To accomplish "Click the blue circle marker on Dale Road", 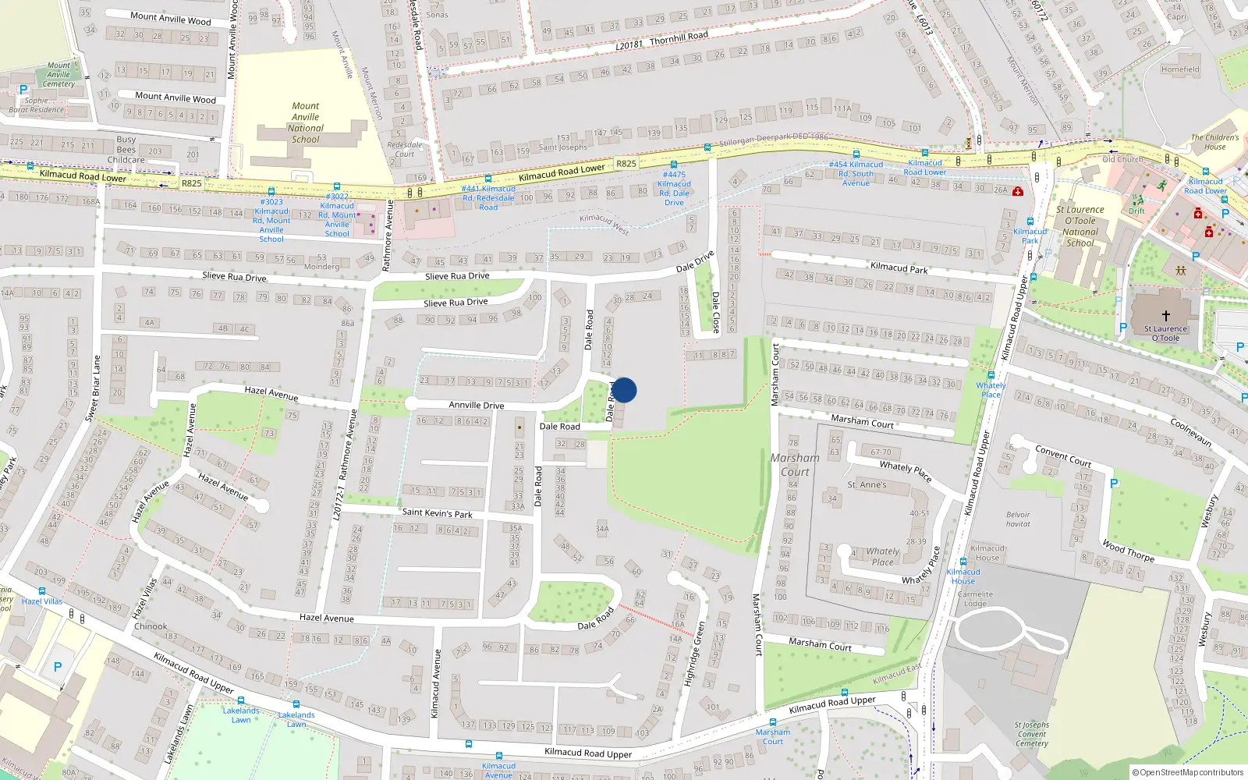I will pyautogui.click(x=623, y=390).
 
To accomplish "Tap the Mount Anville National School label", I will pyautogui.click(x=306, y=122).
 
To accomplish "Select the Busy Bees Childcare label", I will pyautogui.click(x=126, y=150).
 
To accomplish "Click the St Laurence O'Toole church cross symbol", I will pyautogui.click(x=1165, y=316).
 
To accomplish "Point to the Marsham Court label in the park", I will pyautogui.click(x=795, y=465).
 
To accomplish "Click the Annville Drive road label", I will pyautogui.click(x=476, y=405).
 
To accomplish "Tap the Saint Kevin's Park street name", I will pyautogui.click(x=437, y=512).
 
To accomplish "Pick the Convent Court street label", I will pyautogui.click(x=1062, y=456).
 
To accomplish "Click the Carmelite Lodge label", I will pyautogui.click(x=975, y=598).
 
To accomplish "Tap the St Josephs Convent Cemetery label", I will pyautogui.click(x=1031, y=734).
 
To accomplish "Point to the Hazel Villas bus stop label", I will pyautogui.click(x=42, y=601).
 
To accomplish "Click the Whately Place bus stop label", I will pyautogui.click(x=991, y=389).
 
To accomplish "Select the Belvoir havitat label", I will pyautogui.click(x=1018, y=519).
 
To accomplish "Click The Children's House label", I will pyautogui.click(x=1214, y=142).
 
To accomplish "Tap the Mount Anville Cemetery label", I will pyautogui.click(x=58, y=75).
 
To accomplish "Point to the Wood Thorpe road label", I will pyautogui.click(x=1128, y=551).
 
